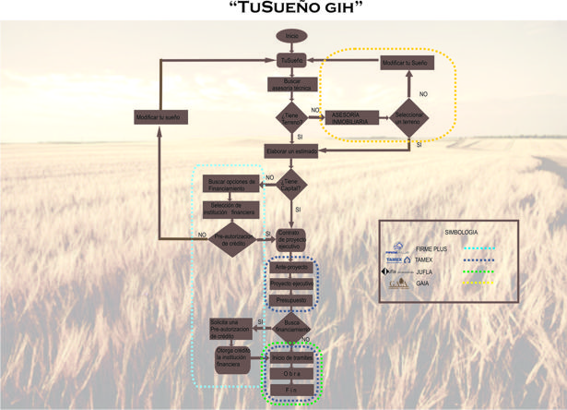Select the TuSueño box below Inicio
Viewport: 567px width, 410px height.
point(291,60)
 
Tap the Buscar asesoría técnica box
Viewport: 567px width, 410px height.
point(291,85)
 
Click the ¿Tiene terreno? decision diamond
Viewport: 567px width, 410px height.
point(291,118)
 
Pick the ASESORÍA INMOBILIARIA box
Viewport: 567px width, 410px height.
point(349,119)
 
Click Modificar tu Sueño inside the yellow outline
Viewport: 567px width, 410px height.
point(405,62)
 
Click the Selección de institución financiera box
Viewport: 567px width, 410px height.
point(229,207)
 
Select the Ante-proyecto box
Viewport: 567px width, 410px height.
point(291,268)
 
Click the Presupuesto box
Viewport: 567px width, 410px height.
point(291,301)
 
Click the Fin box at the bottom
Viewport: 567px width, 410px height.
point(291,391)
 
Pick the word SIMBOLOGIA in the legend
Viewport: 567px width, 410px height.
point(462,230)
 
